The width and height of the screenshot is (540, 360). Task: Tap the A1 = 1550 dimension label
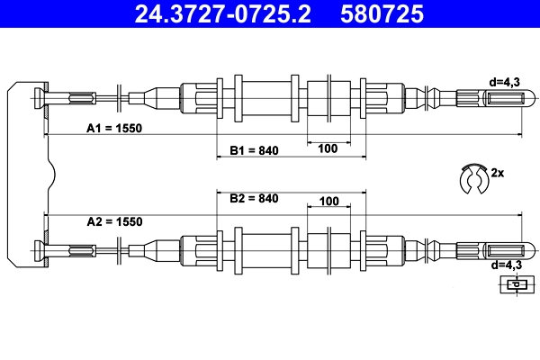click(x=114, y=128)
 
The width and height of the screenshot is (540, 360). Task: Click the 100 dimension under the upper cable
click(x=327, y=148)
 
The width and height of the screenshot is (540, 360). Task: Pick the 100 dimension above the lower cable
click(x=327, y=202)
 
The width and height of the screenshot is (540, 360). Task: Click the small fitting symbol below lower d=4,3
click(x=514, y=284)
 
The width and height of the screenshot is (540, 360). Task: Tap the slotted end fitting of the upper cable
click(x=490, y=97)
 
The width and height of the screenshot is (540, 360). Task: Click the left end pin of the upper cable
click(x=41, y=97)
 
